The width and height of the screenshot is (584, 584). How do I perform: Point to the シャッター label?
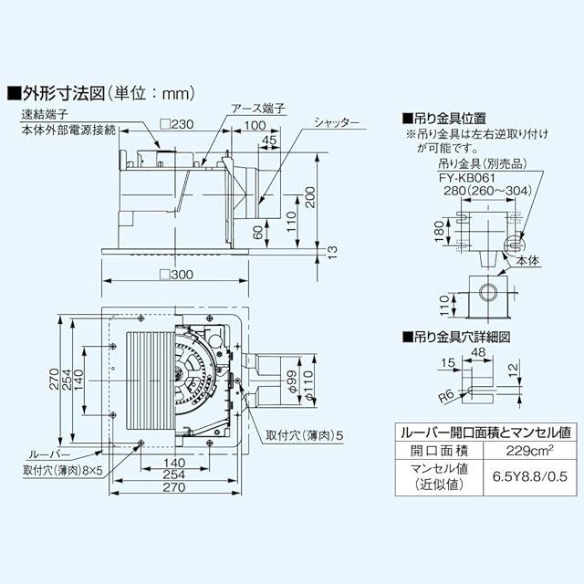click(338, 122)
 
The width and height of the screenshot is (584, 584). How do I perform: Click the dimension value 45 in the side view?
click(268, 140)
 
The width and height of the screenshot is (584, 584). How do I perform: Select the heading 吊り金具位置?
click(449, 119)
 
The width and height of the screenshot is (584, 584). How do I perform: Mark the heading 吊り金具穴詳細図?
click(462, 337)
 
